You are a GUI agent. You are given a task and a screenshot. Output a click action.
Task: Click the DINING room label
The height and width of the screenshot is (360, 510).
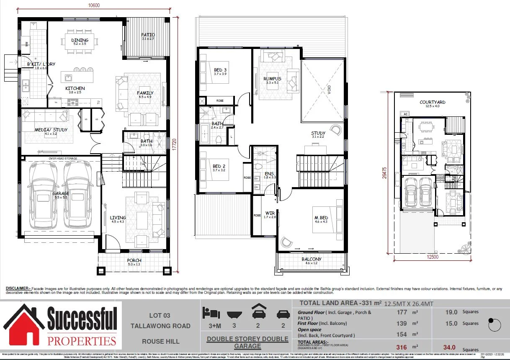click(x=80, y=40)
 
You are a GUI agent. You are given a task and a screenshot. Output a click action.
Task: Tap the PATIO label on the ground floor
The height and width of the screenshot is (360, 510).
click(x=148, y=35)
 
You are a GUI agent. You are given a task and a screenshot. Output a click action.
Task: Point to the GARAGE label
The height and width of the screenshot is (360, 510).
click(x=61, y=193)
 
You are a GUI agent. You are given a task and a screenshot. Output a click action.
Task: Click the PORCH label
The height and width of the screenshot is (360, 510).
click(x=134, y=260)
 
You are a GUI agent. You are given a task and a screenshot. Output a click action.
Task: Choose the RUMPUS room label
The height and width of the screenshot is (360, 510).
click(x=272, y=79)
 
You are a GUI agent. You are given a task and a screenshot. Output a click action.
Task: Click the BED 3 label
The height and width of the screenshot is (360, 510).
click(x=220, y=69)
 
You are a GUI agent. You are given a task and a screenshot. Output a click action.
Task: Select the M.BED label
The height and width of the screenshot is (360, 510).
click(x=321, y=218)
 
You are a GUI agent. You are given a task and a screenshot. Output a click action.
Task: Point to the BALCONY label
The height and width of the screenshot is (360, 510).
click(x=312, y=259)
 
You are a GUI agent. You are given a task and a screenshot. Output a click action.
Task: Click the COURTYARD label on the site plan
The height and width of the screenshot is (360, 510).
click(x=433, y=102)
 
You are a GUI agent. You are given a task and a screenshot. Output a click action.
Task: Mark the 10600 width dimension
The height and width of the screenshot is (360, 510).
click(x=94, y=5)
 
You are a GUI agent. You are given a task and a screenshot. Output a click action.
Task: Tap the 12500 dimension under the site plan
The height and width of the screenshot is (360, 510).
click(x=433, y=257)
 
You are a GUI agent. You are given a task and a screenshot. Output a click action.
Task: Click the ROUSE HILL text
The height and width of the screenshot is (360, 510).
click(x=160, y=341)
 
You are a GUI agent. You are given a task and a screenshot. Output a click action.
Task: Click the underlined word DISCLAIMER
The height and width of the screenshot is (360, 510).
click(x=18, y=288)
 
